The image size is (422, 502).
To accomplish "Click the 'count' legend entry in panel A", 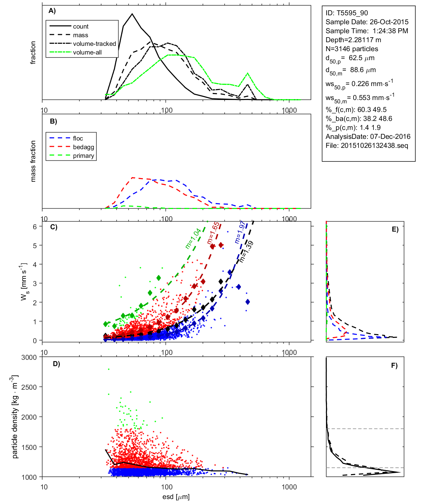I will click(81, 27).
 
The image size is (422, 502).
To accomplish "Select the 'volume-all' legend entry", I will click(87, 52).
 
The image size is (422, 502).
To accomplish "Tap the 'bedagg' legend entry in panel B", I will click(83, 147).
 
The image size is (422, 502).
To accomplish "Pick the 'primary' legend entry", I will click(83, 156).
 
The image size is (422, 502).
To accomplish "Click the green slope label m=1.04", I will click(193, 239).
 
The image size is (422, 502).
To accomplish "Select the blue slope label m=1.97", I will click(240, 232).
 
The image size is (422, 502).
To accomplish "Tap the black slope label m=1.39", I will click(246, 251).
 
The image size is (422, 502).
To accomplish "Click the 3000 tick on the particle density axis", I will click(29, 357).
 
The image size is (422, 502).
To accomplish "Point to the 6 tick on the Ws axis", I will click(35, 227).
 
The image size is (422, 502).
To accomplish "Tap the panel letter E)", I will click(395, 229).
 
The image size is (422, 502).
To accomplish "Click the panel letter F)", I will click(394, 365).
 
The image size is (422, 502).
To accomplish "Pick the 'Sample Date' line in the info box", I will click(367, 22).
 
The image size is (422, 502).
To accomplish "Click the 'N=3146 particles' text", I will click(352, 49).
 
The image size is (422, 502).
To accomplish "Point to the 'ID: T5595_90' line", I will click(347, 13).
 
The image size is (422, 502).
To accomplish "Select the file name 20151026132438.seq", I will click(374, 146).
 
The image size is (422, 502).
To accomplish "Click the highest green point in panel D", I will click(109, 369).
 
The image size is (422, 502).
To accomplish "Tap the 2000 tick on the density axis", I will click(29, 417).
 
